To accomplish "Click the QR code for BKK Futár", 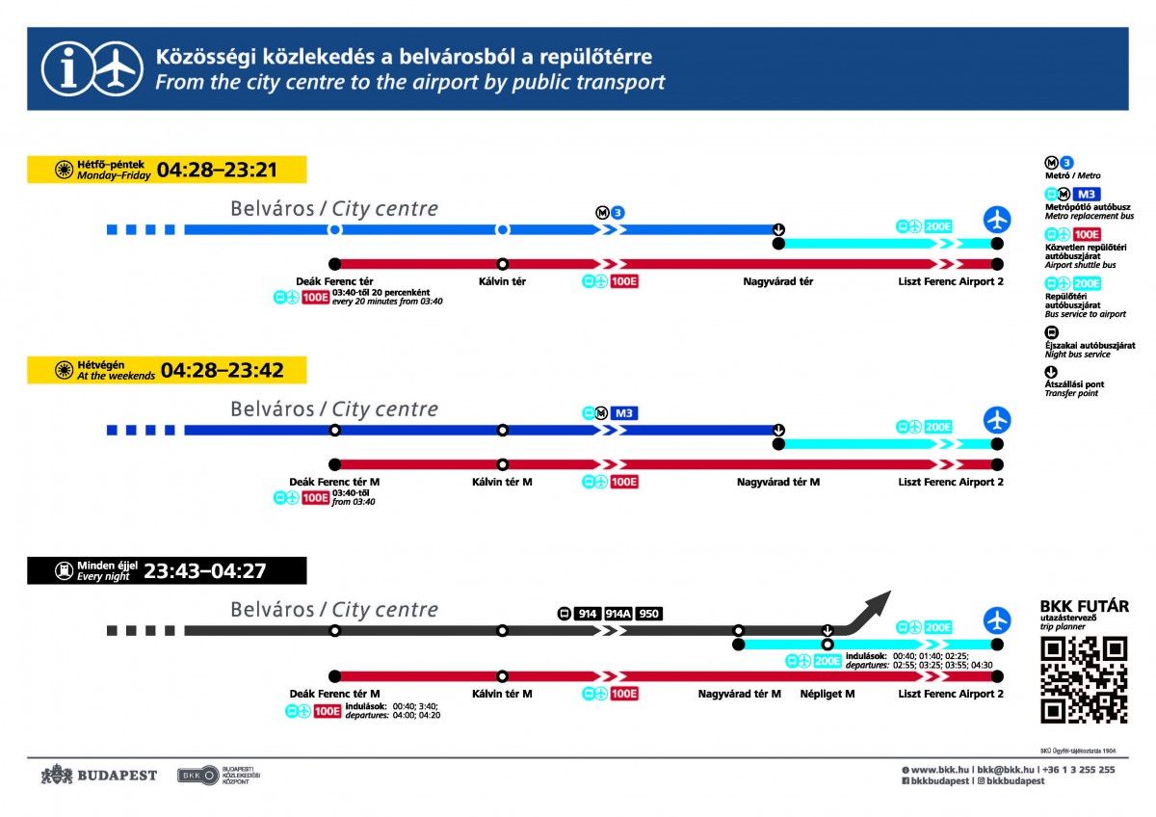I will (1084, 679).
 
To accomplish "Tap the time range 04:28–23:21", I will (217, 171).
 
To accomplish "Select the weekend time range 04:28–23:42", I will (221, 371).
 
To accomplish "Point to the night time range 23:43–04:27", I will (204, 571).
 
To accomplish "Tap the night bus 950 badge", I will (649, 614).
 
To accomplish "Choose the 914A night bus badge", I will (617, 614).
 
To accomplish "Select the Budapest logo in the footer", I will (98, 776).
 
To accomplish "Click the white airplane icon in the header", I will (117, 68).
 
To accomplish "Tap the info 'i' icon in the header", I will (66, 68).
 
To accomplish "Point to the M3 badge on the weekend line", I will (622, 413).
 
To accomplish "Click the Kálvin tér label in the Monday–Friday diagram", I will (502, 281).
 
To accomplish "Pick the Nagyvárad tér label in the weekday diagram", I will (777, 281).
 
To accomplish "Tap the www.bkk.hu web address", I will (939, 770).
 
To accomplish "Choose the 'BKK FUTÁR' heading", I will (1084, 606).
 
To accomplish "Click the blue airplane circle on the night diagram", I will (997, 619).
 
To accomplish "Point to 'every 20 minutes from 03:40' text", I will (387, 302).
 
